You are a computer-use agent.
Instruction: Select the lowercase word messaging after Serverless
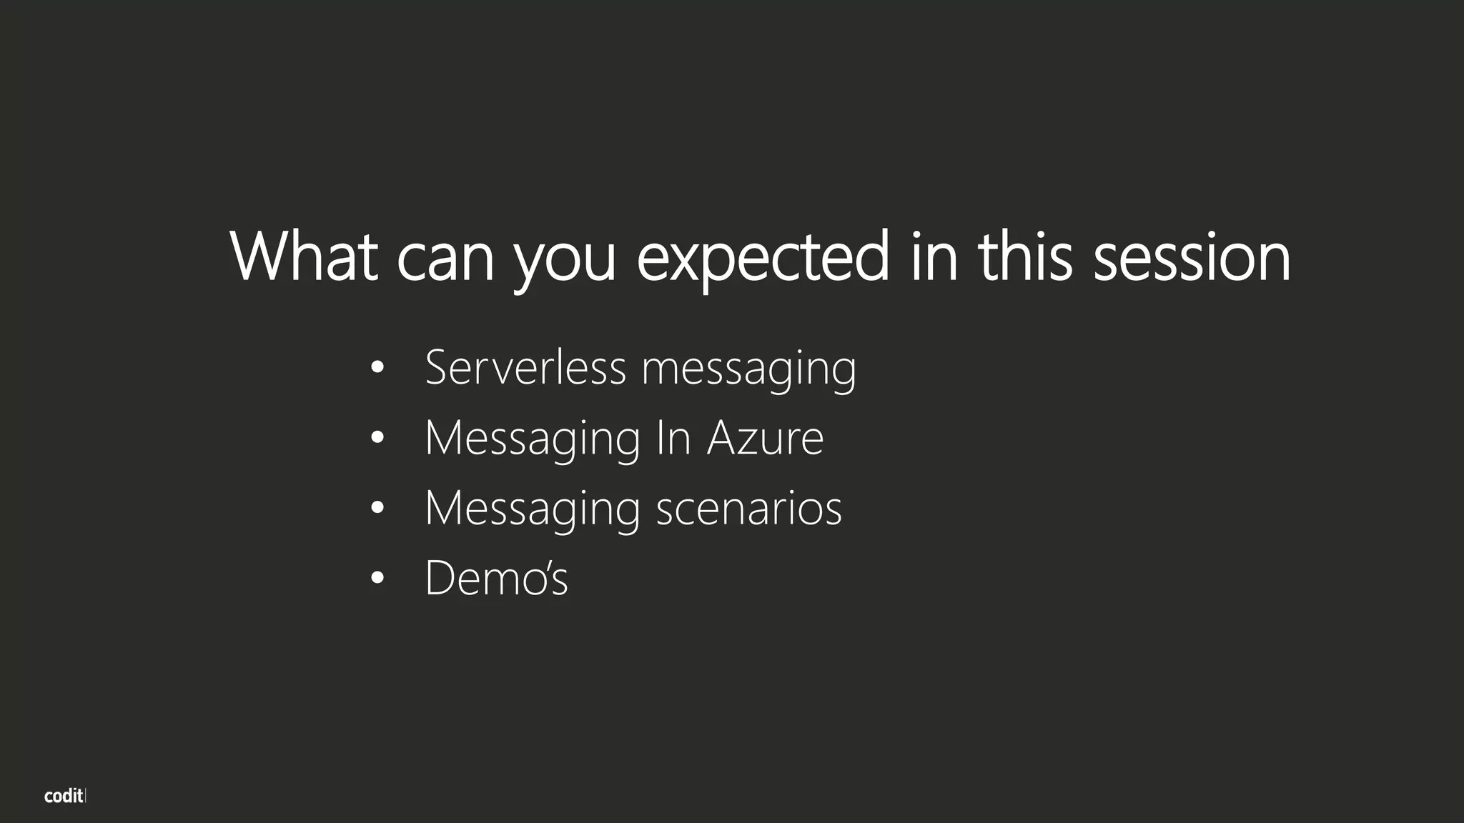748,370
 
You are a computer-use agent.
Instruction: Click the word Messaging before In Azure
533,439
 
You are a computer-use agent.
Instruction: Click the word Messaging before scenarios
533,509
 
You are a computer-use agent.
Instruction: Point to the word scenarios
748,508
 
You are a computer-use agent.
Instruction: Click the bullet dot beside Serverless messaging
378,369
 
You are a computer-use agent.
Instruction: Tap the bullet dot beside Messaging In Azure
378,438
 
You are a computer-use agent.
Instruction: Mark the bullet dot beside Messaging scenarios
378,508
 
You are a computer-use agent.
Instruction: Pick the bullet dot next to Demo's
378,578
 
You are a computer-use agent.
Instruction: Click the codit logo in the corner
64,796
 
